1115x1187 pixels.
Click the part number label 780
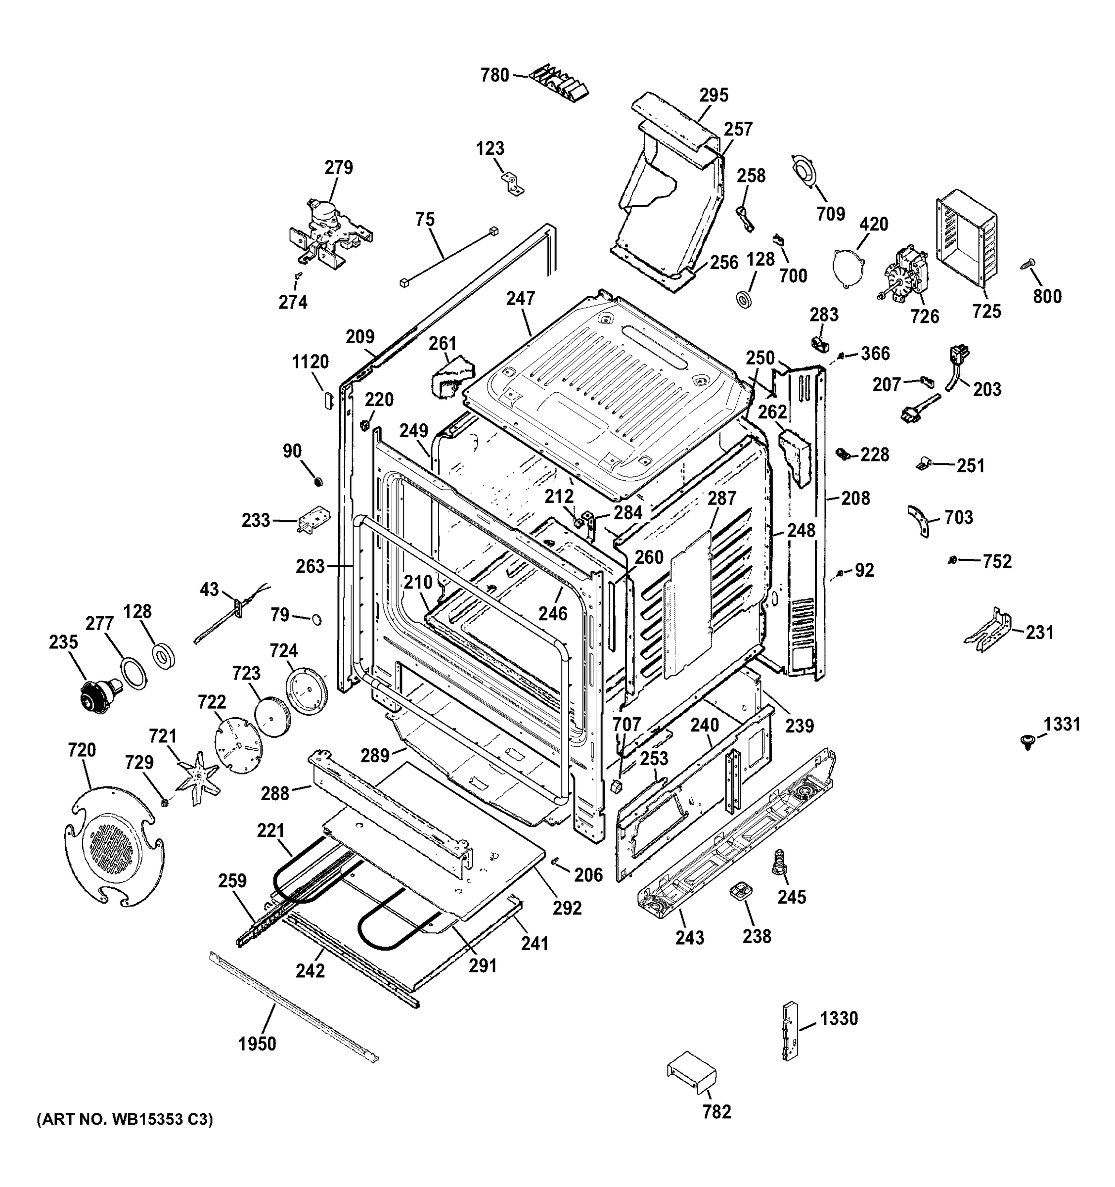[495, 76]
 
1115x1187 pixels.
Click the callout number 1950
[257, 1044]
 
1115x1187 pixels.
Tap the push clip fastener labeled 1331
[1026, 742]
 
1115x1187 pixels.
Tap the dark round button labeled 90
[319, 481]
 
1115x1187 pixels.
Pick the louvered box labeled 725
[966, 237]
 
